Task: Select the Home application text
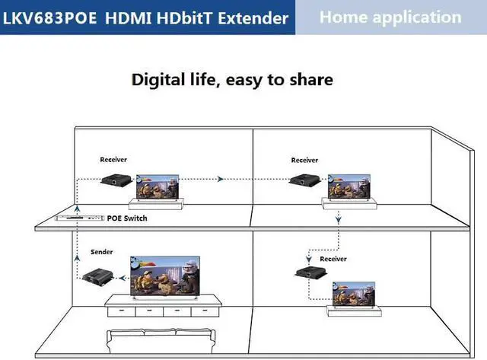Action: [x=390, y=17]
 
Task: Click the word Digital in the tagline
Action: [x=161, y=79]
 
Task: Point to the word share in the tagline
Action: [x=309, y=79]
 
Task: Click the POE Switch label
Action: [x=127, y=218]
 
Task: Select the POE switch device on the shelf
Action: [x=80, y=218]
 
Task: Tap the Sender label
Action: [x=101, y=251]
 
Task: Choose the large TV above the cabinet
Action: [x=165, y=275]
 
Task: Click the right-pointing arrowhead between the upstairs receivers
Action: [x=220, y=180]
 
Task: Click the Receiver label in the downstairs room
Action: [x=333, y=259]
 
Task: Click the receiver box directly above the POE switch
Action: [x=115, y=181]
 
